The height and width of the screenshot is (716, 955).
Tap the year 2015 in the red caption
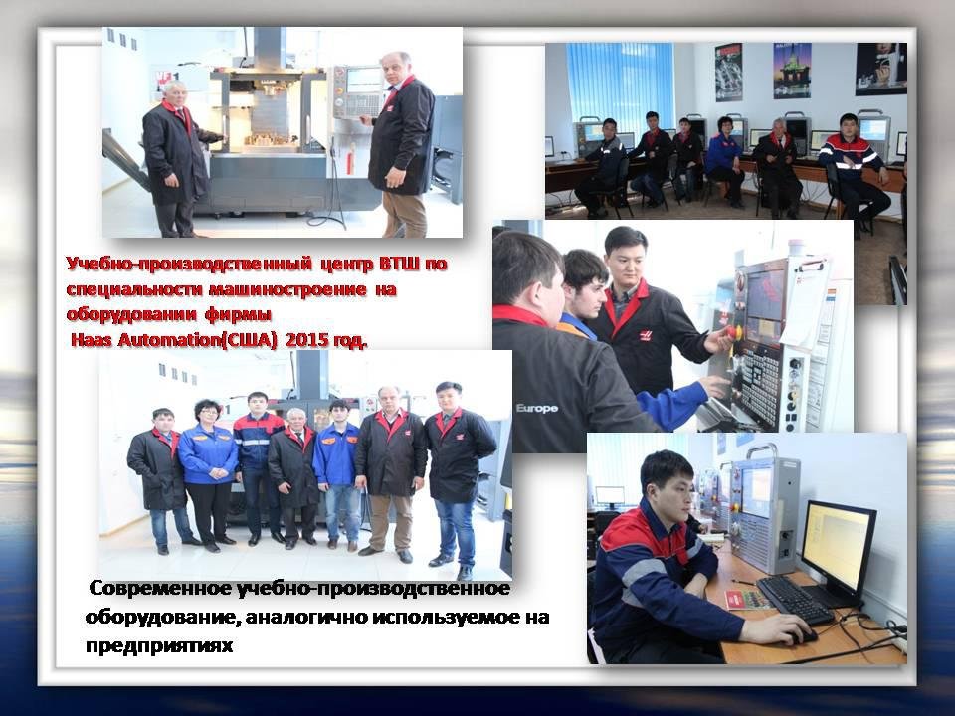coord(305,340)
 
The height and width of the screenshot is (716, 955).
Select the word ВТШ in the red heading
coord(400,265)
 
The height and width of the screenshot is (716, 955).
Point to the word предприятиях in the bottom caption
coord(159,645)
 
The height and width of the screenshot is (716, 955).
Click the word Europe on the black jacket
coord(536,408)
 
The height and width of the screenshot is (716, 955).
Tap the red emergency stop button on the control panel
coord(731,332)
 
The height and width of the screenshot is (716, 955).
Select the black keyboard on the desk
coord(795,600)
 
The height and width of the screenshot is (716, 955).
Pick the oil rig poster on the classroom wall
coord(792,70)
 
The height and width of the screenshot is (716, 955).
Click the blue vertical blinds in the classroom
coord(620,83)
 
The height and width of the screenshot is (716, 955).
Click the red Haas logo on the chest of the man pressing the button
coord(645,334)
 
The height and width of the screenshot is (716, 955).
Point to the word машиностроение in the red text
coord(286,289)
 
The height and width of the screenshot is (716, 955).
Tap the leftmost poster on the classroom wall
coord(728,72)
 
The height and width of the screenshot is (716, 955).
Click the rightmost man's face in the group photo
coord(449,397)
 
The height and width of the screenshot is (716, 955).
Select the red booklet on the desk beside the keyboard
coord(748,599)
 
